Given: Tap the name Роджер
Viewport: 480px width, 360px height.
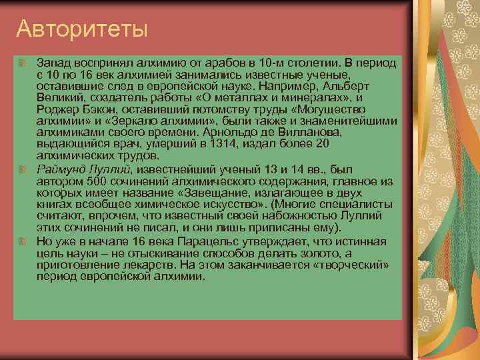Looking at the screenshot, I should point(56,110).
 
